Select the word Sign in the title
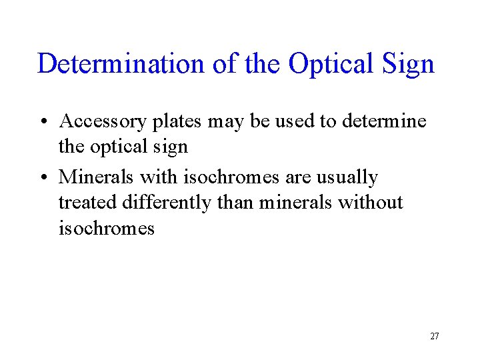pos(410,64)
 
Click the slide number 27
pos(434,336)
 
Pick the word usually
pos(346,177)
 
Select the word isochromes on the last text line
pos(107,229)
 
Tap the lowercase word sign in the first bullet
pos(170,147)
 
